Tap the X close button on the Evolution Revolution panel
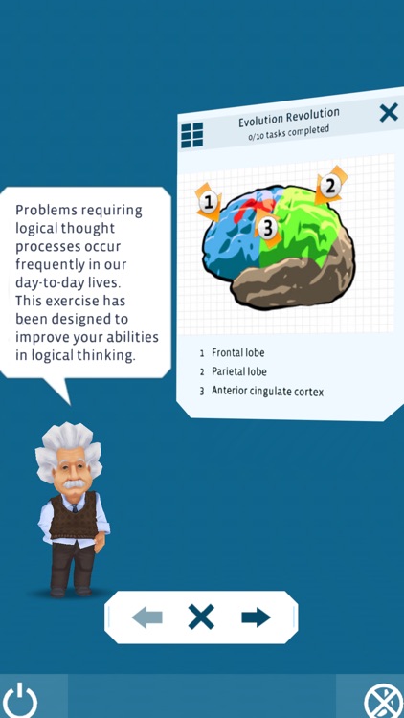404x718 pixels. point(388,113)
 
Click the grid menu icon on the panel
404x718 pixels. point(192,135)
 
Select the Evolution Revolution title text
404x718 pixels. point(289,118)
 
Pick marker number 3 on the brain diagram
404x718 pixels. point(268,228)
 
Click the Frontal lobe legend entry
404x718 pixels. point(237,353)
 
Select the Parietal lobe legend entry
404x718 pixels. point(239,371)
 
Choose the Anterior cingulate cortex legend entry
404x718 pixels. point(267,391)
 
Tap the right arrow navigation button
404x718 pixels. point(256,617)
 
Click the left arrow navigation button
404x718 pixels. point(147,617)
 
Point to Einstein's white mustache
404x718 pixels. point(72,484)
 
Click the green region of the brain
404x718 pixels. point(302,230)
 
